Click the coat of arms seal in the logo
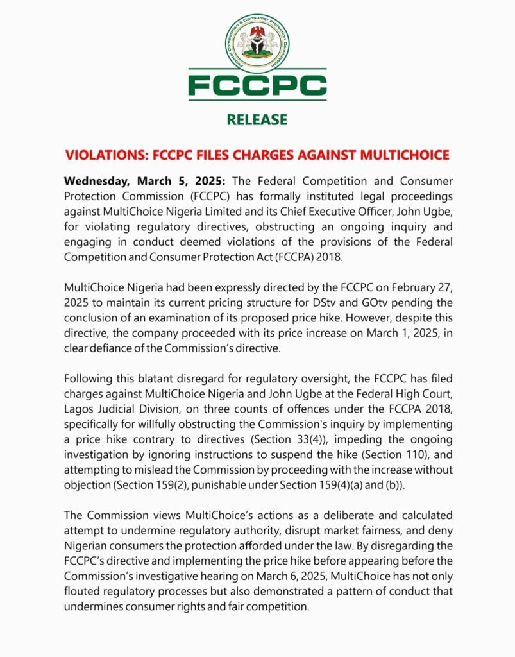(257, 42)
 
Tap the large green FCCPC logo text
(257, 85)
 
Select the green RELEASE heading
(257, 119)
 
